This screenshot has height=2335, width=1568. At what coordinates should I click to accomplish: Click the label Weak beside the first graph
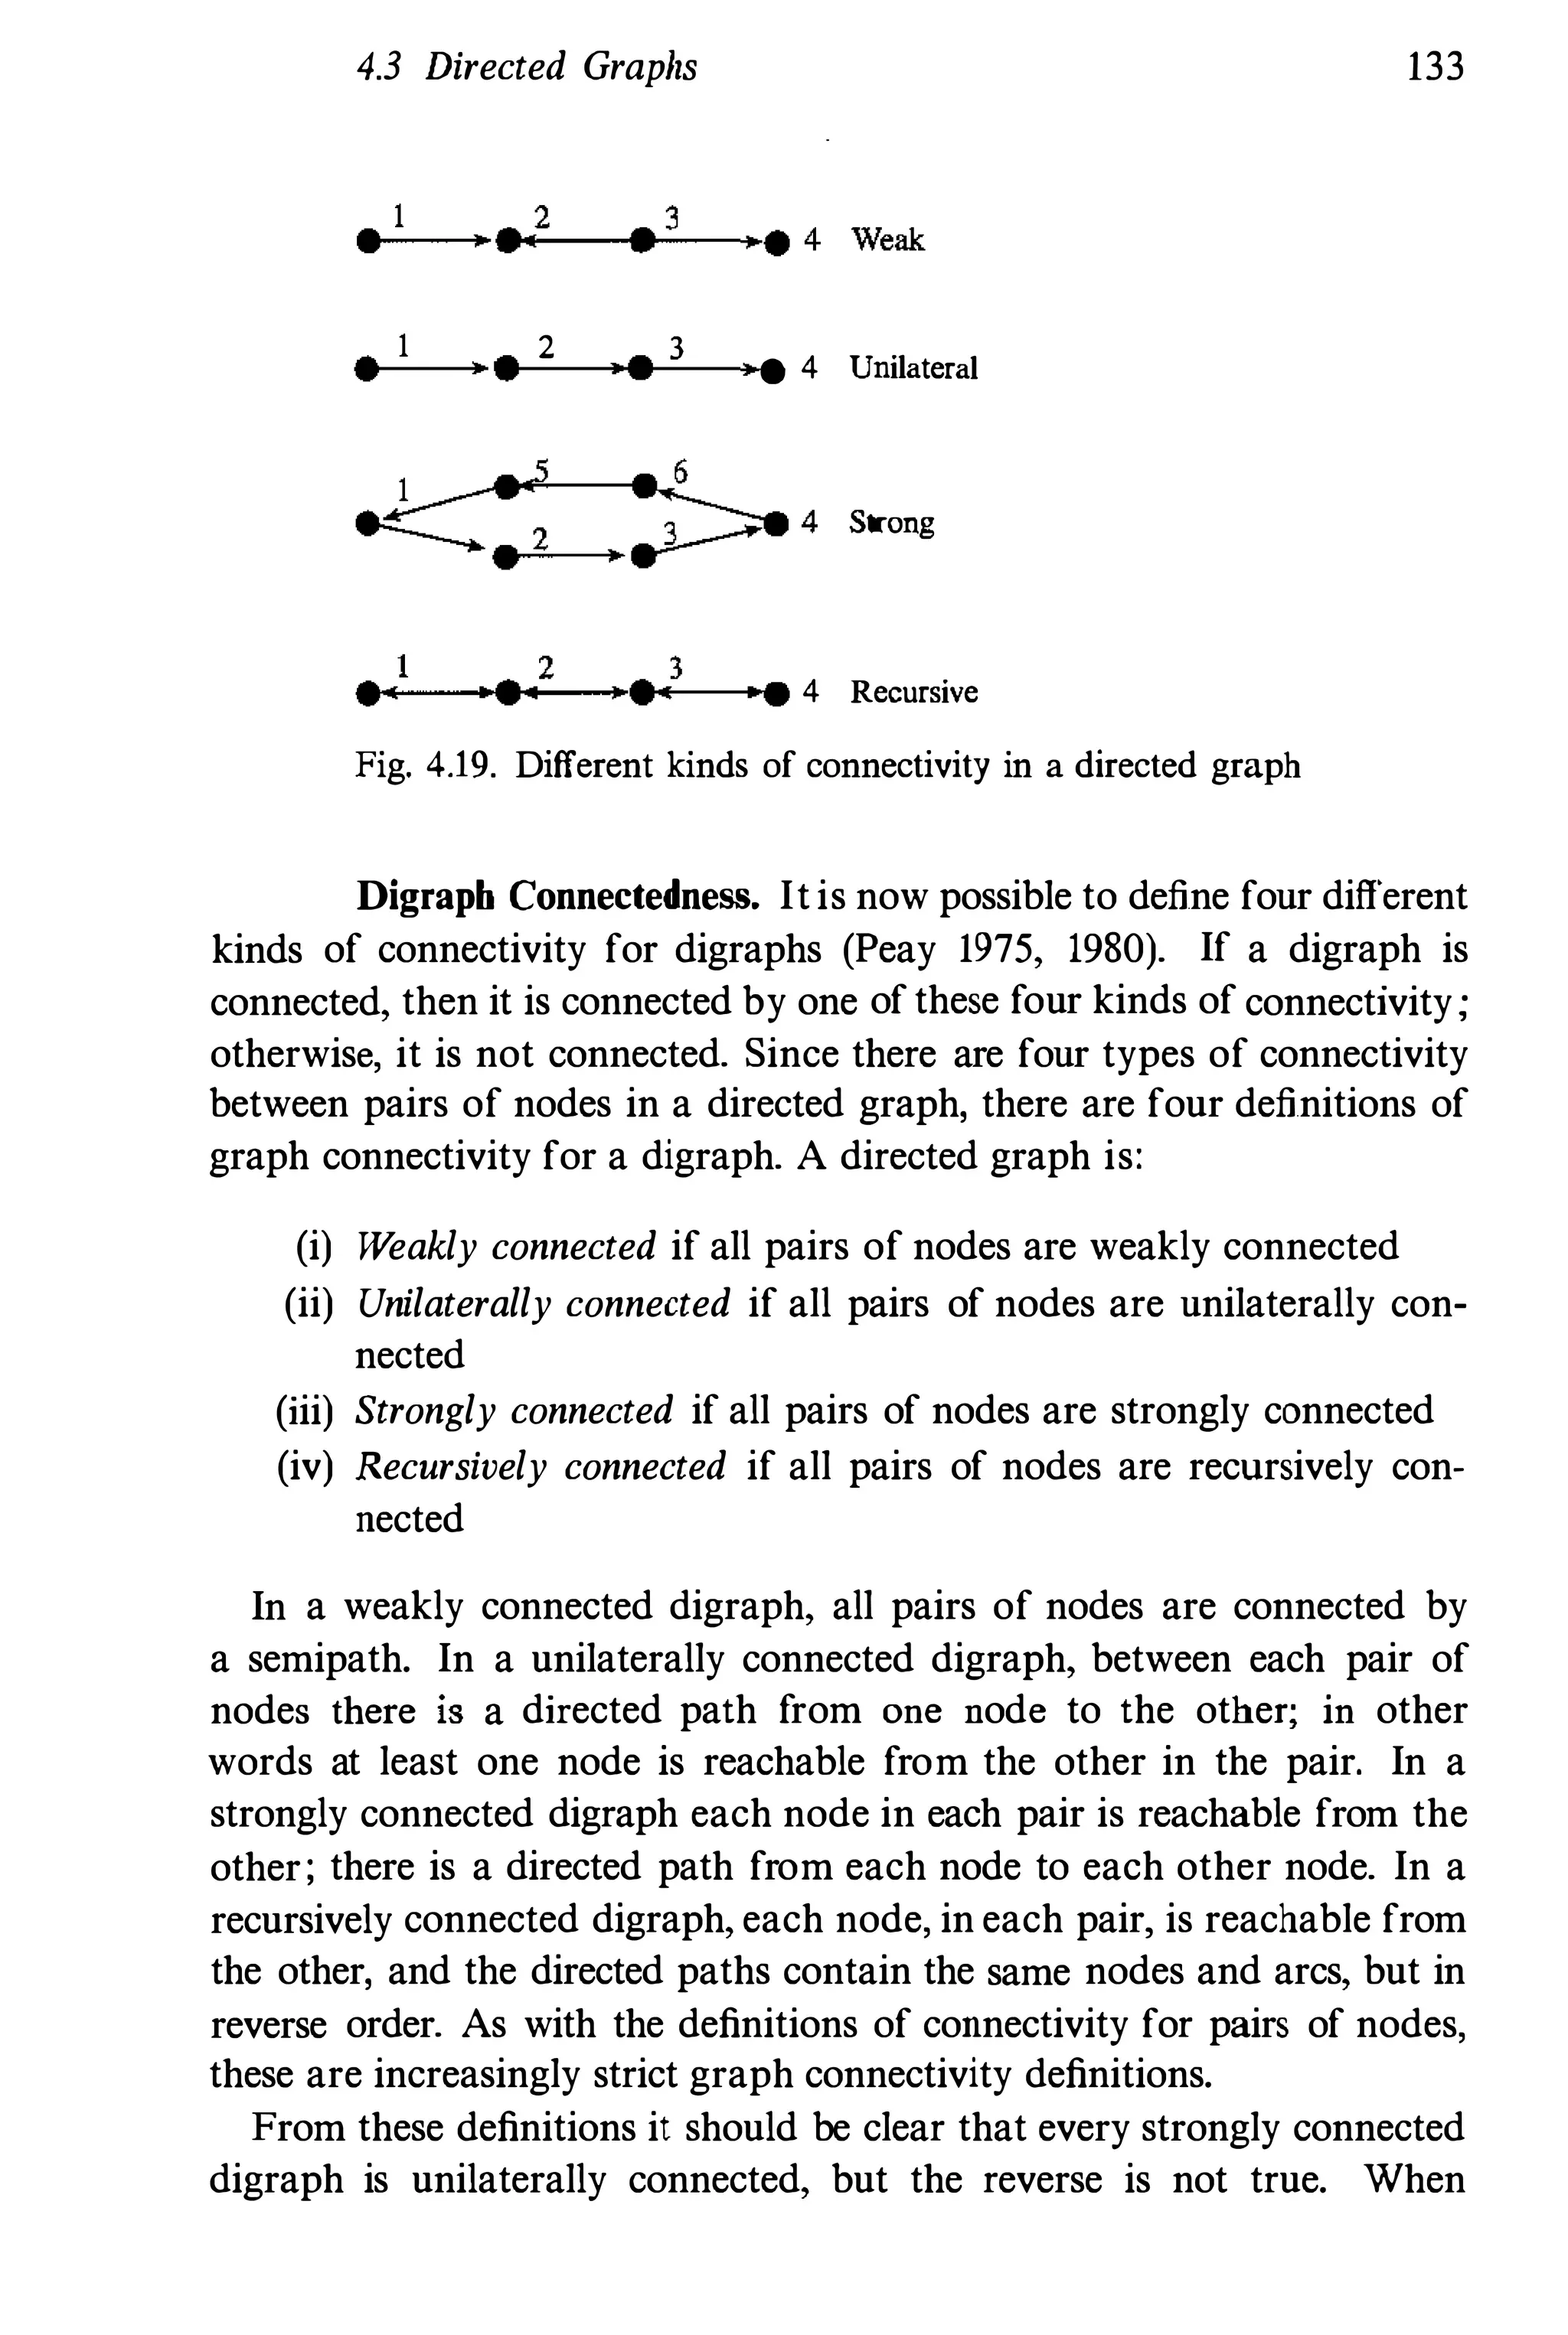point(887,240)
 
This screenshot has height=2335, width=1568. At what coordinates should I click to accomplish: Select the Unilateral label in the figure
point(913,368)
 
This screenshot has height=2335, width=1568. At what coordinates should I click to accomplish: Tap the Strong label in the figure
point(891,522)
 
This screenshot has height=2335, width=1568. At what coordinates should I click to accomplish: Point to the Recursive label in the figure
point(913,692)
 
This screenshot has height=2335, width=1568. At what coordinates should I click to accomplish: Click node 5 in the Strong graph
point(508,488)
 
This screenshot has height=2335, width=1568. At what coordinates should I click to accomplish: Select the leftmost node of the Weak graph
point(369,242)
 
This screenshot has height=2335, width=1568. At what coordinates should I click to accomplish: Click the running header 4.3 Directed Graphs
point(527,67)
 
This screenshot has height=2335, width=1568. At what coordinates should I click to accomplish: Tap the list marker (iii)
point(303,1410)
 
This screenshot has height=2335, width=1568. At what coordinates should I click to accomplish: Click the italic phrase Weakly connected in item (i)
point(506,1247)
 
